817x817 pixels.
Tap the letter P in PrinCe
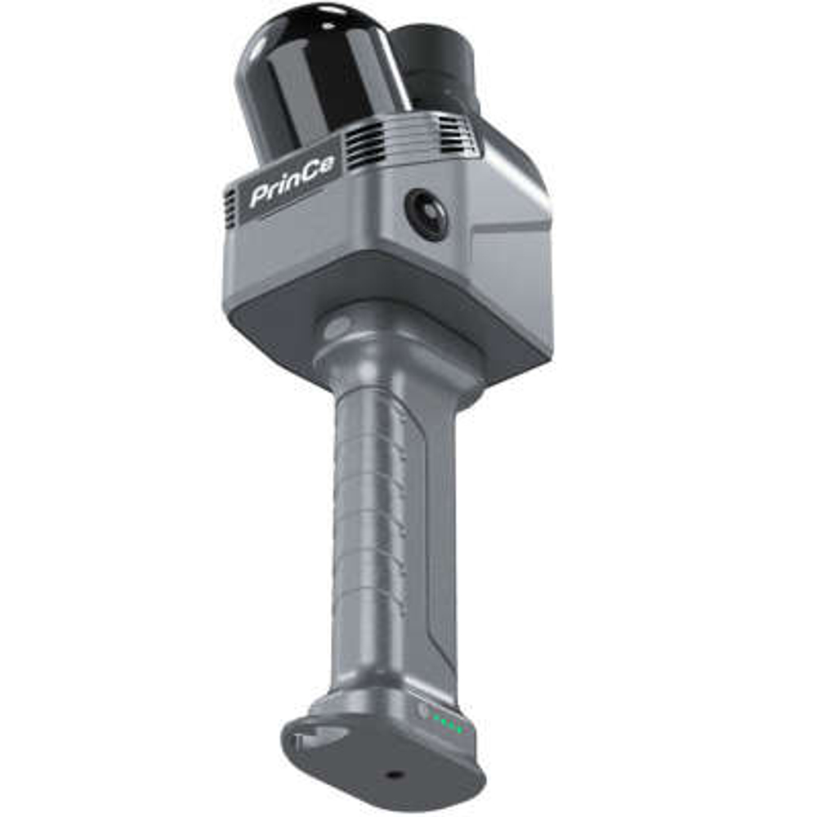(x=260, y=196)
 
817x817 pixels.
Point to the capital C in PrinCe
(x=311, y=177)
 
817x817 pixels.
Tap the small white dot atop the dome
(x=327, y=25)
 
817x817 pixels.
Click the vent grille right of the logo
(x=364, y=146)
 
